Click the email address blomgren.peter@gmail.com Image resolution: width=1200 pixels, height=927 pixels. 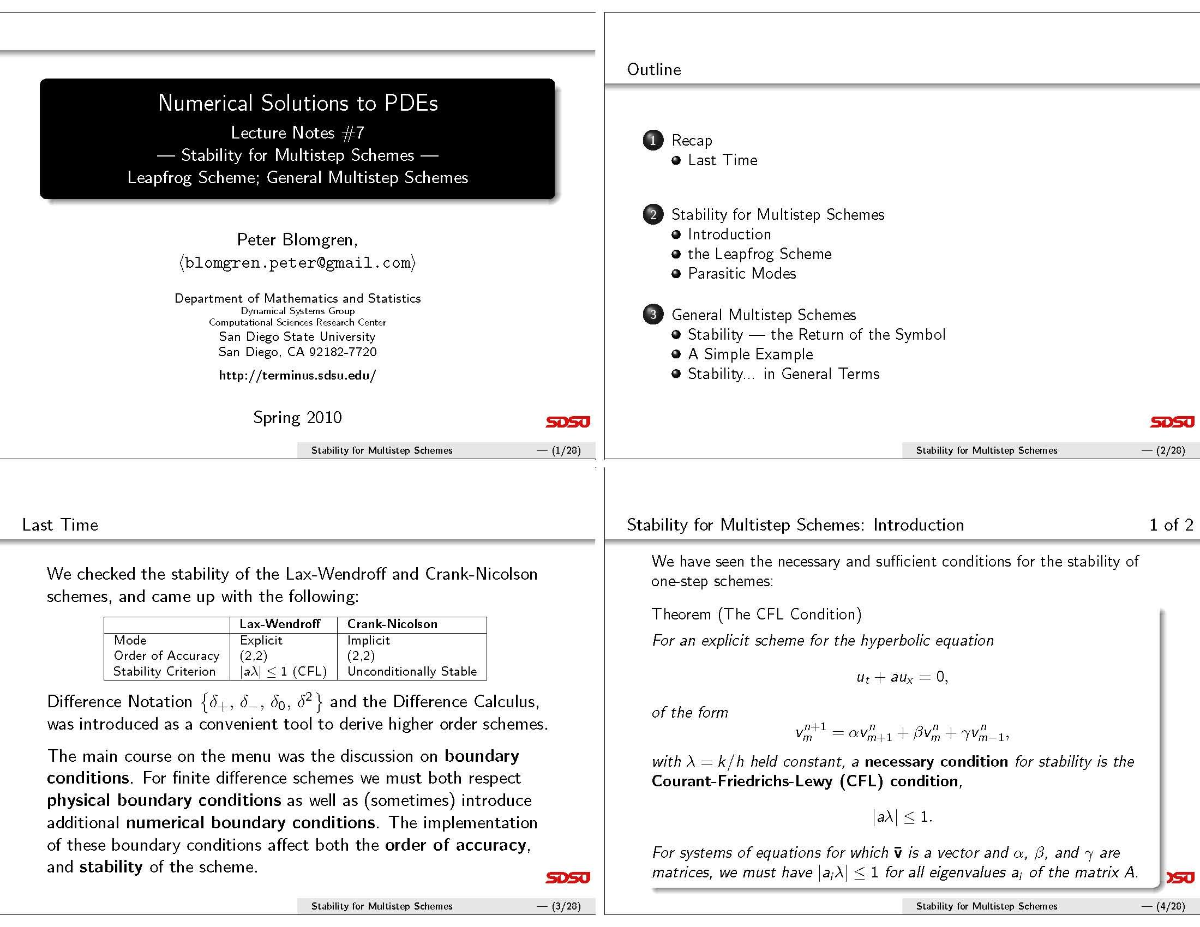pyautogui.click(x=297, y=263)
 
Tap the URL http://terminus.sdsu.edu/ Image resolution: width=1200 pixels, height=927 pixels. pyautogui.click(x=297, y=376)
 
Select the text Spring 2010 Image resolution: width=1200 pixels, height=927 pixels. pyautogui.click(x=297, y=417)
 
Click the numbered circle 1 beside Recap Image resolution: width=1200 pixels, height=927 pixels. pyautogui.click(x=653, y=141)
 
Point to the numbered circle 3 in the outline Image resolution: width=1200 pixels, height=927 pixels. pyautogui.click(x=653, y=315)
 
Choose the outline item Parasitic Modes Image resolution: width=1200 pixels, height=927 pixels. pyautogui.click(x=742, y=274)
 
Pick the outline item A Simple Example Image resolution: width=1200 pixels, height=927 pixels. pyautogui.click(x=750, y=354)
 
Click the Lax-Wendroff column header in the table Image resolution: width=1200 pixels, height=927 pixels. pyautogui.click(x=280, y=624)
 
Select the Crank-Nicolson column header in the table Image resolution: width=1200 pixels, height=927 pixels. pyautogui.click(x=392, y=624)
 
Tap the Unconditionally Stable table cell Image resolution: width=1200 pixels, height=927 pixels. pyautogui.click(x=412, y=672)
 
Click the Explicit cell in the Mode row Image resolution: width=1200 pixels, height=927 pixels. pyautogui.click(x=261, y=640)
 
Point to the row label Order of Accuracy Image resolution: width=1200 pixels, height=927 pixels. pyautogui.click(x=166, y=655)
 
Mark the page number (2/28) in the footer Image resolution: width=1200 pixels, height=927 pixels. pyautogui.click(x=1171, y=450)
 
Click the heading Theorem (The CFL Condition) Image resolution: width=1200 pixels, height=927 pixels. pyautogui.click(x=757, y=614)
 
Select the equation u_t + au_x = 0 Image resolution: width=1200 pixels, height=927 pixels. pyautogui.click(x=902, y=677)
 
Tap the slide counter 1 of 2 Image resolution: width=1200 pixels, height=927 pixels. pyautogui.click(x=1171, y=525)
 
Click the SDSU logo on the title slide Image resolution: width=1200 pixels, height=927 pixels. pyautogui.click(x=568, y=422)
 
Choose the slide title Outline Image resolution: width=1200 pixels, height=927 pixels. pyautogui.click(x=654, y=70)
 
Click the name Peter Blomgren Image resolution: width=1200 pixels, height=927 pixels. pyautogui.click(x=297, y=240)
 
